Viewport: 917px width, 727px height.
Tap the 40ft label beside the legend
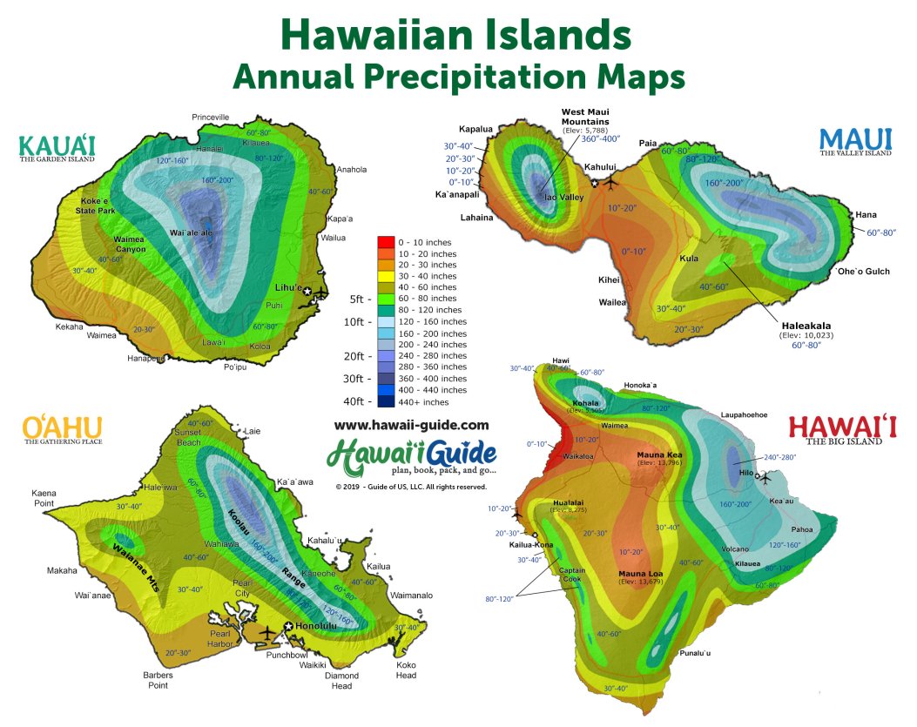tap(354, 401)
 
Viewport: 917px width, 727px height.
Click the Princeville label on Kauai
tap(210, 117)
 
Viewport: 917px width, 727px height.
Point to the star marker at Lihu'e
tap(307, 292)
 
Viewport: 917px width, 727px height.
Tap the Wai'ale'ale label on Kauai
tap(190, 233)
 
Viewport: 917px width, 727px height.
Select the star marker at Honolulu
tap(288, 627)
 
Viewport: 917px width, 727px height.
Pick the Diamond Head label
tap(341, 680)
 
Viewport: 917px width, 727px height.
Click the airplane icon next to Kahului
tap(610, 184)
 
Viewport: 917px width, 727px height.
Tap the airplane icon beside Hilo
tap(766, 477)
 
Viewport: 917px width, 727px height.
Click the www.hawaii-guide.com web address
tap(411, 425)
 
